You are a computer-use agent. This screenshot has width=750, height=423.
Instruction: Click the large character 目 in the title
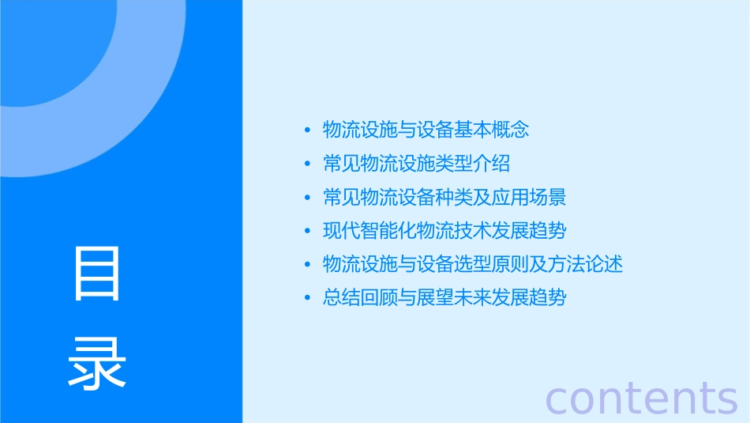(x=97, y=274)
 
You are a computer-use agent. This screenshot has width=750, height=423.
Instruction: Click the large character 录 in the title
(x=97, y=363)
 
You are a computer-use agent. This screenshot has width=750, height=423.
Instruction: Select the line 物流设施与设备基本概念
(x=426, y=130)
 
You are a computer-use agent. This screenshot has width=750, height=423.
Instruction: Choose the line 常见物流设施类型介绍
(x=417, y=164)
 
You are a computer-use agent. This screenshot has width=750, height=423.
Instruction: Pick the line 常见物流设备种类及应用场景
(x=444, y=197)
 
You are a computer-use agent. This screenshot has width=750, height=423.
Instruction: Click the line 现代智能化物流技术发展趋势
(x=444, y=231)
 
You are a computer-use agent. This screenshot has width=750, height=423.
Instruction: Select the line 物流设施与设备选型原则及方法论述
(x=473, y=264)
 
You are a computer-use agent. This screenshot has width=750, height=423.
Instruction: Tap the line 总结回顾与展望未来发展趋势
(x=444, y=298)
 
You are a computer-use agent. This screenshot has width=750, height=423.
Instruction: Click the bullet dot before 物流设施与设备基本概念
(x=307, y=130)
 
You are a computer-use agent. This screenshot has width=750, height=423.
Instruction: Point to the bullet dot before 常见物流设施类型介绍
(x=307, y=164)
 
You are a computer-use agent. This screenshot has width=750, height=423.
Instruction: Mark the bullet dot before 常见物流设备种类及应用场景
(x=307, y=198)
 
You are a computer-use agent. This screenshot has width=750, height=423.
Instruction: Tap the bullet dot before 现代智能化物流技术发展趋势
(x=307, y=232)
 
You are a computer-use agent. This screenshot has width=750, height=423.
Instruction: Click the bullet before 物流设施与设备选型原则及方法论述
(x=307, y=265)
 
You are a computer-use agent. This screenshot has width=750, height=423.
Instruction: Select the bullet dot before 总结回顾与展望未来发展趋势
(x=307, y=299)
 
